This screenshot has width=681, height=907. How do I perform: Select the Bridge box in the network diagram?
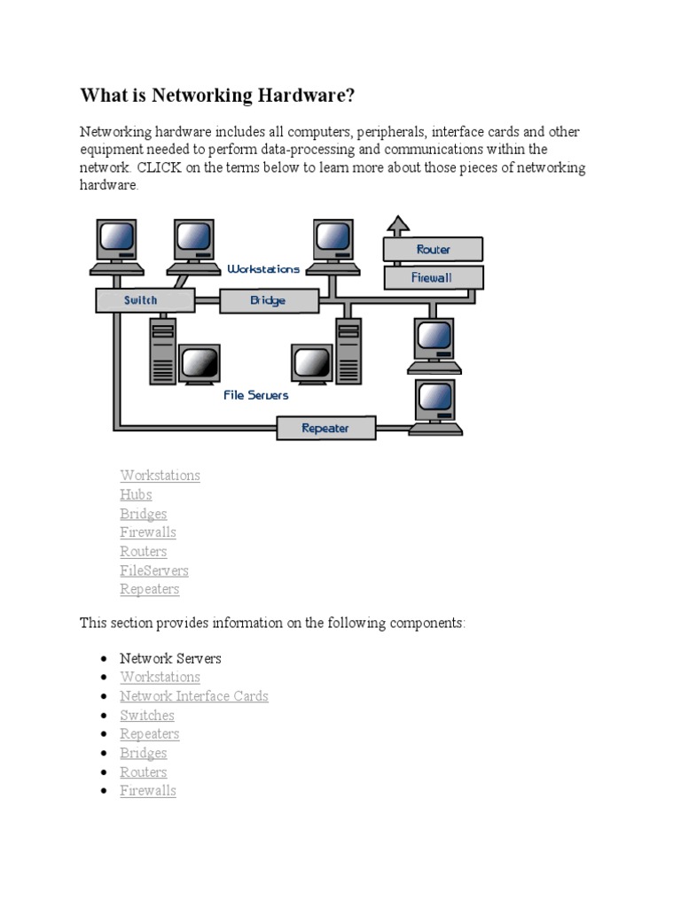(x=268, y=301)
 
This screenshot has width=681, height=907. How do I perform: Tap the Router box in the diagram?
(x=433, y=250)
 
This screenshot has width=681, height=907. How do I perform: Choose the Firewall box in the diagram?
(x=433, y=277)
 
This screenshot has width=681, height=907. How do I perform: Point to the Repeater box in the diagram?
(x=325, y=429)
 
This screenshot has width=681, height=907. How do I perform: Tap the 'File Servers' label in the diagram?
(x=255, y=396)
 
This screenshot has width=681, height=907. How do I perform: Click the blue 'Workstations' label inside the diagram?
(x=263, y=268)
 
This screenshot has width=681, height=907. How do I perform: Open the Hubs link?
(x=136, y=494)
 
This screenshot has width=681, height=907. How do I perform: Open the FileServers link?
(x=154, y=570)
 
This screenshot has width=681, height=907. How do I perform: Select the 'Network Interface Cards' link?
(x=194, y=696)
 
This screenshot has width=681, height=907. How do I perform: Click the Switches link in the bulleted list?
(x=147, y=715)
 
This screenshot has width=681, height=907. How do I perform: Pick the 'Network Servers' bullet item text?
(x=170, y=658)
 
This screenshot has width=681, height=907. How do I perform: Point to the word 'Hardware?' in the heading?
(x=309, y=95)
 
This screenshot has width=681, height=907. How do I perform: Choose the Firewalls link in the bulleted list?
(x=148, y=790)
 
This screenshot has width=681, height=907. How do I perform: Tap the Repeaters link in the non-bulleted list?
(x=150, y=589)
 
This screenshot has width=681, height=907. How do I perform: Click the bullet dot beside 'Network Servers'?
(x=104, y=659)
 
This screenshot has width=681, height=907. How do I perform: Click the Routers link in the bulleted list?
(x=144, y=771)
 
